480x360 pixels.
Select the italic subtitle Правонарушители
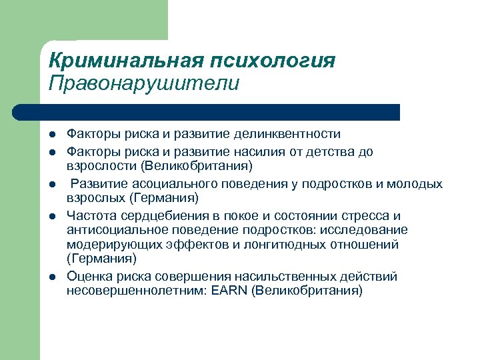coord(143,84)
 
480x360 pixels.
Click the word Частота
coord(91,216)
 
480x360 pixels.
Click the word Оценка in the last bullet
coord(89,276)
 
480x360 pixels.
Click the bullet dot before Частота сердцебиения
coord(52,216)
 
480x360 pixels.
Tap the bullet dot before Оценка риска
coord(52,276)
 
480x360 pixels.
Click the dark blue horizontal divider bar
coord(207,112)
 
